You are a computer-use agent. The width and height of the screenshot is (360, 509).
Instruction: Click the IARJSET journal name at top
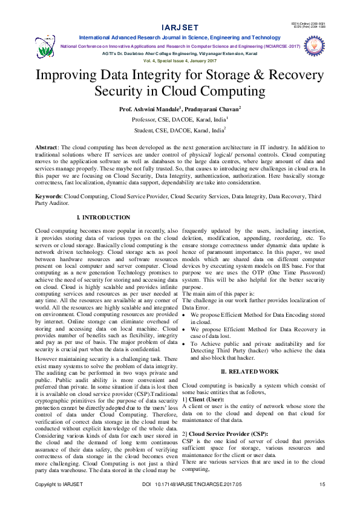180,28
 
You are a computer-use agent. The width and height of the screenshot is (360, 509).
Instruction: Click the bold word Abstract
46,148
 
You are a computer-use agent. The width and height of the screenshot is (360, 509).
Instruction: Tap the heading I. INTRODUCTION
103,217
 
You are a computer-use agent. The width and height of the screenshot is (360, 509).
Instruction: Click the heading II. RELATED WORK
250,371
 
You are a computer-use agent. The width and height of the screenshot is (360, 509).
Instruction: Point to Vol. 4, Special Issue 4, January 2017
180,61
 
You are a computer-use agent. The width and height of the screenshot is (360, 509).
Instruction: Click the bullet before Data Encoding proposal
185,315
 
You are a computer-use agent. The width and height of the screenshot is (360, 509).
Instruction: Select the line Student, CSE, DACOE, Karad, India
179,129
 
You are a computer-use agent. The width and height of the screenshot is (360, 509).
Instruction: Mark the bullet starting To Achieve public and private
185,343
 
